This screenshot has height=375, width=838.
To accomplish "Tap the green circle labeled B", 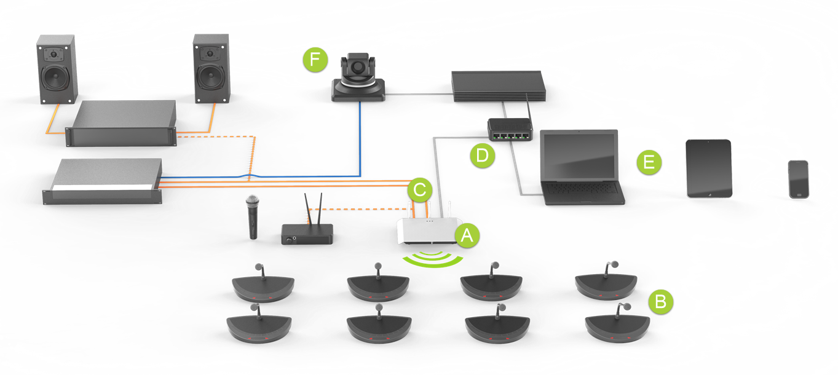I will click(661, 301).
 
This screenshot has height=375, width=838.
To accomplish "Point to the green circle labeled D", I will click(481, 155).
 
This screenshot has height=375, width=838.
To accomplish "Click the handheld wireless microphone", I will click(251, 217).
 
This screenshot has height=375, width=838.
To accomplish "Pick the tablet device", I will click(709, 168).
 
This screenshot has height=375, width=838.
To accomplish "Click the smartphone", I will click(799, 179).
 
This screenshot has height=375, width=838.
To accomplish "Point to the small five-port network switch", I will click(509, 128).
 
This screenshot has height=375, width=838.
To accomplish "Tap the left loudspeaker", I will click(56, 69).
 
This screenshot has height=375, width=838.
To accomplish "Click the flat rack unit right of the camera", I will click(498, 85).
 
